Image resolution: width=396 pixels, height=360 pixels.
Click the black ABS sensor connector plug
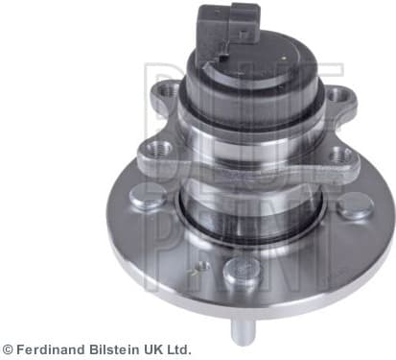pyautogui.click(x=229, y=29)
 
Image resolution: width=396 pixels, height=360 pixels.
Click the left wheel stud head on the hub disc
pyautogui.click(x=147, y=199)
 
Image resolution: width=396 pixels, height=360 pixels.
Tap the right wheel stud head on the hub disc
pyautogui.click(x=356, y=204)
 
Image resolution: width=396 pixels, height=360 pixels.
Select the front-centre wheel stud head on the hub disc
pyautogui.click(x=240, y=273)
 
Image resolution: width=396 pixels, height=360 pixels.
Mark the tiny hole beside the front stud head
pyautogui.click(x=203, y=264)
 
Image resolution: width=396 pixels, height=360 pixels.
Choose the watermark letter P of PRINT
pyautogui.click(x=158, y=206)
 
